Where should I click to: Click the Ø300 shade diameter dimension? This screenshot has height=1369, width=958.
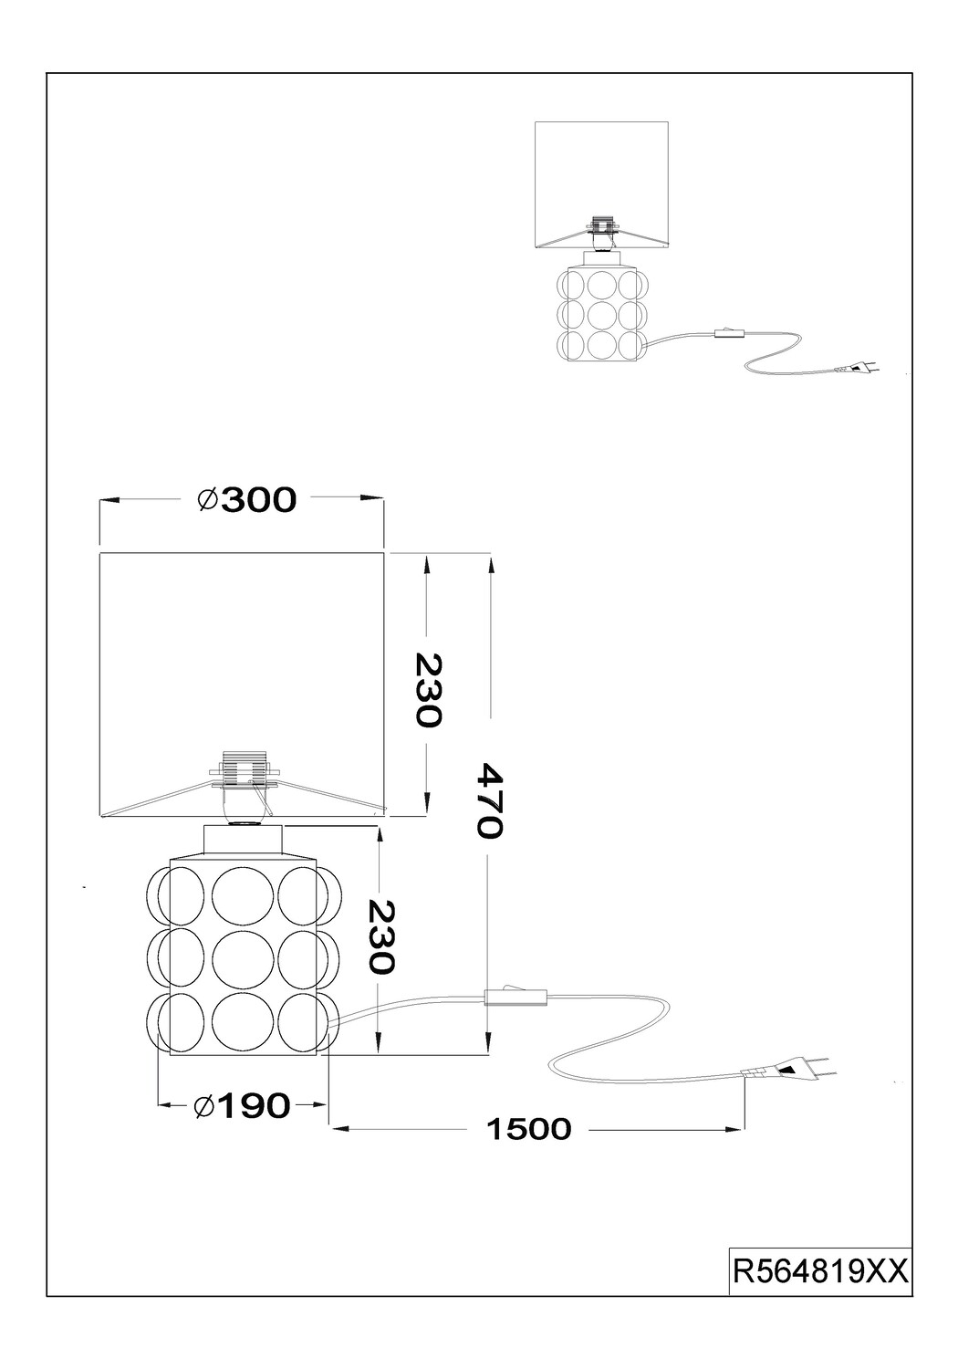pyautogui.click(x=247, y=500)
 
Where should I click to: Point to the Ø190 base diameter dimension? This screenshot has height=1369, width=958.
pyautogui.click(x=242, y=1105)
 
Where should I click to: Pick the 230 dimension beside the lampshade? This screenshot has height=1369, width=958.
pyautogui.click(x=427, y=690)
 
